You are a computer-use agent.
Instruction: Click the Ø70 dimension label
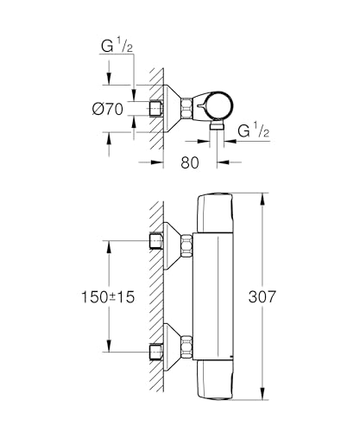coord(108,109)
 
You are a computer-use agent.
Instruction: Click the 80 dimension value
coord(190,162)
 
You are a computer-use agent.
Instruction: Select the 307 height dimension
coord(262,296)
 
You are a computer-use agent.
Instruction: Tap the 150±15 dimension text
coord(108,297)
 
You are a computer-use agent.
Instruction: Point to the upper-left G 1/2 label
coord(117,46)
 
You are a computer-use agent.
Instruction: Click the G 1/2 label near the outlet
coord(254,130)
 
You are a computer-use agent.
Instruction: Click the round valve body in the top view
coord(219,106)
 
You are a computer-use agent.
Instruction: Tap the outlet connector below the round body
coord(217,125)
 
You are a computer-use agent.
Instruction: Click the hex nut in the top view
coord(186,108)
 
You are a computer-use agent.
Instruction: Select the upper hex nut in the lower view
coord(186,245)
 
